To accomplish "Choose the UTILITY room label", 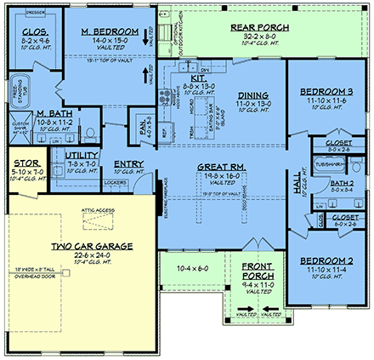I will coord(82,154).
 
